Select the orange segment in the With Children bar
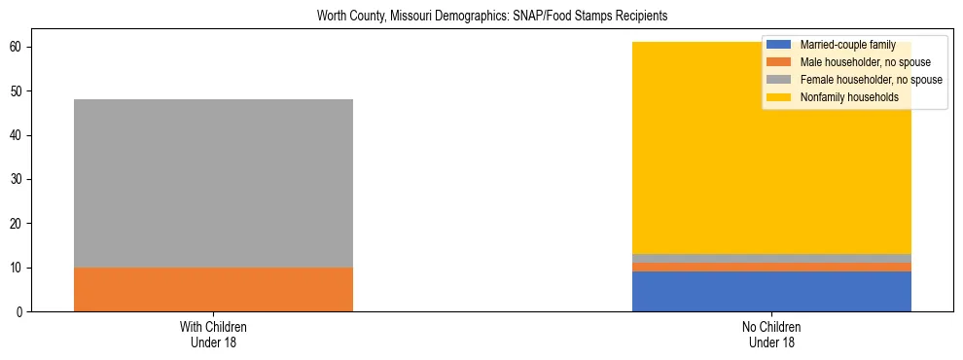pyautogui.click(x=213, y=289)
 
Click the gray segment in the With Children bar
pyautogui.click(x=213, y=183)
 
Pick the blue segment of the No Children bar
pyautogui.click(x=771, y=292)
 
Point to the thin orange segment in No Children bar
pyautogui.click(x=771, y=267)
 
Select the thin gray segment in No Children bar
pyautogui.click(x=771, y=258)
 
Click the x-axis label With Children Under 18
pyautogui.click(x=213, y=334)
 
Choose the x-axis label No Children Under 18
pyautogui.click(x=771, y=334)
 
